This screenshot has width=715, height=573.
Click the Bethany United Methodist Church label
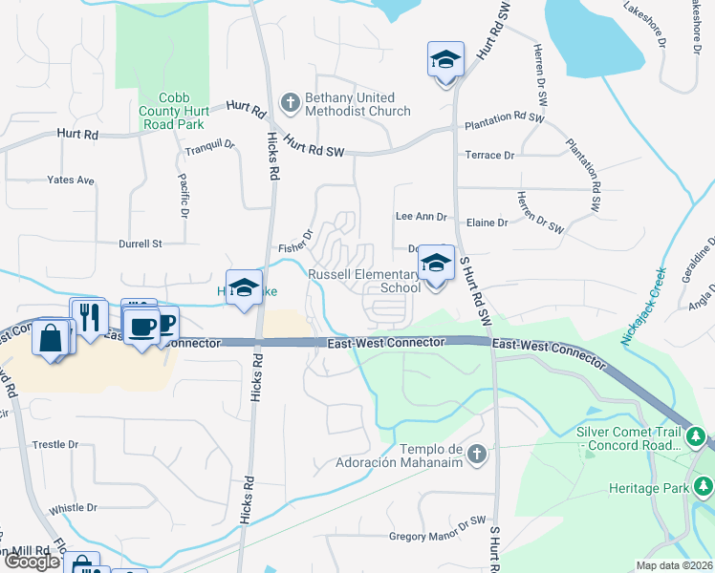coord(357,104)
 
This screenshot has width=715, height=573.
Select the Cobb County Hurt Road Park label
coord(169,111)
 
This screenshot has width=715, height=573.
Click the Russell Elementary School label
coord(363,281)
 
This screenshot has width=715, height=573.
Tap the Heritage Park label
coord(649,488)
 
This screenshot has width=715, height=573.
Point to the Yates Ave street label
coord(71,180)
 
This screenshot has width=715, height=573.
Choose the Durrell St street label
coord(141,244)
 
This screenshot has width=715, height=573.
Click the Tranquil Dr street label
coord(209,146)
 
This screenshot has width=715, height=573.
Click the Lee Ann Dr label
coord(421,217)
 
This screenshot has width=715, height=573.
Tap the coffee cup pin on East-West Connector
coord(143,328)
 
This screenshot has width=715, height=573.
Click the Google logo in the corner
coord(32,562)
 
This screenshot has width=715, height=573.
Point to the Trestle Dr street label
coord(55,445)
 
